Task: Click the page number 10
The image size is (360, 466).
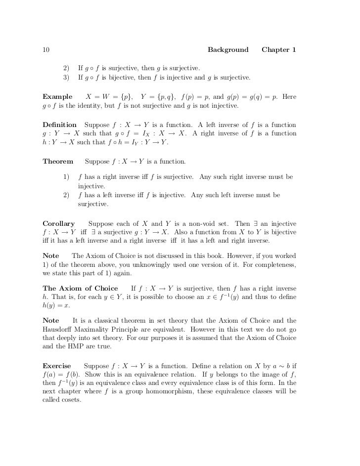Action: coord(46,50)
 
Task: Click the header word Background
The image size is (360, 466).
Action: coord(228,50)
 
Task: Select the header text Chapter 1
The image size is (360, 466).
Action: coord(279,50)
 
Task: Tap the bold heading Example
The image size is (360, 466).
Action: coord(57,96)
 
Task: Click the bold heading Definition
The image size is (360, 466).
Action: coord(60,125)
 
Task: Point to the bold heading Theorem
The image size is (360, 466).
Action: coord(58,162)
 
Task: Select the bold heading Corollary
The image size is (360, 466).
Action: coord(59,223)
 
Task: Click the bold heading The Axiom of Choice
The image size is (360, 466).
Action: coord(81,288)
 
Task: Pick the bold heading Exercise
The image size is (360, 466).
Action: coord(57,366)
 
